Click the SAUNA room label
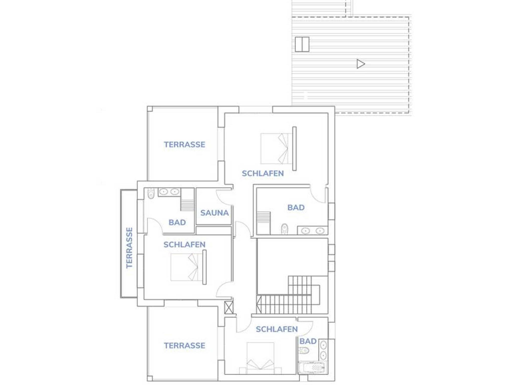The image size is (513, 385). click(214, 213)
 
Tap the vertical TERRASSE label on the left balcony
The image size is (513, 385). click(129, 248)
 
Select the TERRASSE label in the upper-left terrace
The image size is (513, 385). click(185, 144)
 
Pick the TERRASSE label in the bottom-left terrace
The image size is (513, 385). click(185, 345)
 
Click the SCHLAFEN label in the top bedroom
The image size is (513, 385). click(263, 173)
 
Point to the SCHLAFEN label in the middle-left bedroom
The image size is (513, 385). click(184, 244)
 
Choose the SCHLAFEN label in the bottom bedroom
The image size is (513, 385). click(277, 329)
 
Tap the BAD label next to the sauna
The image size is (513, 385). click(177, 222)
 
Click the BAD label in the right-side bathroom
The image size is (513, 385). click(296, 207)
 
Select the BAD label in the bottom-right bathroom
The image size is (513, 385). click(308, 341)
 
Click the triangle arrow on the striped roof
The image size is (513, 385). click(361, 64)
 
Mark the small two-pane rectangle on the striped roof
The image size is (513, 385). click(302, 44)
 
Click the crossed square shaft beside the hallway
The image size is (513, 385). click(229, 307)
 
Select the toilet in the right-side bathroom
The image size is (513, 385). click(285, 229)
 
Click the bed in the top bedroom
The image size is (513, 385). click(277, 148)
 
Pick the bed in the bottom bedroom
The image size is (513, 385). click(260, 358)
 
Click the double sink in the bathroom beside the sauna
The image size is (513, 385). click(169, 192)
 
